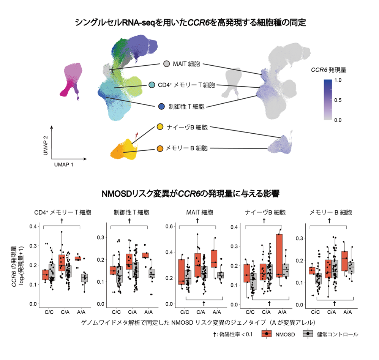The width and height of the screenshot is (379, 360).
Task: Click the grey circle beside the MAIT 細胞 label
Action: coord(166,64)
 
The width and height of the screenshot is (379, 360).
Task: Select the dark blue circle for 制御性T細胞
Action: coord(162,106)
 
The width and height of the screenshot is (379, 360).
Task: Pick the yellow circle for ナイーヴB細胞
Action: coord(160,127)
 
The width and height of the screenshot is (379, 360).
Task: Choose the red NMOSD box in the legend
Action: coord(268,334)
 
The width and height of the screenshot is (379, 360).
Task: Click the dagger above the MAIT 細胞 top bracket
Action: coord(197,220)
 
